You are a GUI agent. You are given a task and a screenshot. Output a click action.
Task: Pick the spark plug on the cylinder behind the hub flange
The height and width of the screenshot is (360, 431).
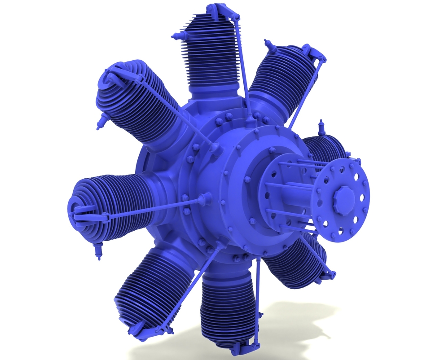click(321, 128)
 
